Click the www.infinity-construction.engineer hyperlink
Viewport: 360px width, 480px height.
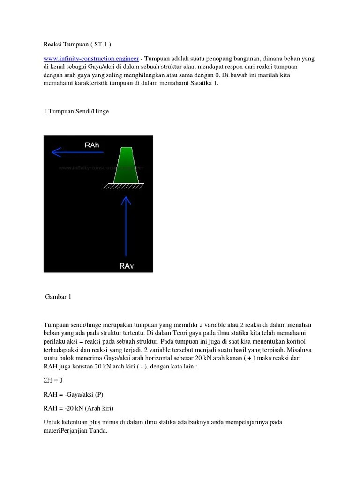[x=91, y=59]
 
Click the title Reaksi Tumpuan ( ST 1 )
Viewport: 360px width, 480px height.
[x=77, y=44]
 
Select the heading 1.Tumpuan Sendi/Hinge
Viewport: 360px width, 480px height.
[x=76, y=111]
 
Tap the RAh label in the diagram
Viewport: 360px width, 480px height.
[x=92, y=145]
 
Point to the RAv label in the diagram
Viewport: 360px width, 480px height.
[x=127, y=266]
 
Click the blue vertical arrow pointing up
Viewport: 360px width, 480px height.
[x=125, y=225]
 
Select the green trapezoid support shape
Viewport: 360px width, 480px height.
[x=126, y=165]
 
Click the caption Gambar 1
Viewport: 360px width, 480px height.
[x=58, y=297]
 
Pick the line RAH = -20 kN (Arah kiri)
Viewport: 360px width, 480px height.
[x=79, y=408]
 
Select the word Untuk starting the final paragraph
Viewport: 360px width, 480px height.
[x=52, y=422]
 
